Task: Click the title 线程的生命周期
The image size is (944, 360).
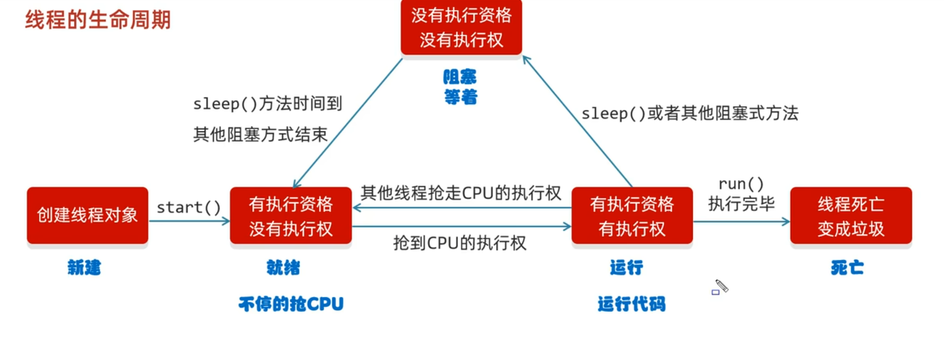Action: pos(98,20)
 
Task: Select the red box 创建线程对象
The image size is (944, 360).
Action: pos(87,215)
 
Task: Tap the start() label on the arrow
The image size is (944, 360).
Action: pos(189,208)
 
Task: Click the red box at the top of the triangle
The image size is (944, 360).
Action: pos(461,28)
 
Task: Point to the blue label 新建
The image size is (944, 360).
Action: pos(85,268)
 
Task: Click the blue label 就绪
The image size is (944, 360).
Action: pos(283,268)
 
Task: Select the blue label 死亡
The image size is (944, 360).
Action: pos(847,268)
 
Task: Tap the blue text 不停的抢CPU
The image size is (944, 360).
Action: pos(291,304)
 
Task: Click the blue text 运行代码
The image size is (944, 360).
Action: pos(632,304)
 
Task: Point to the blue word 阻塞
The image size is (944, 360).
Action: pos(460,77)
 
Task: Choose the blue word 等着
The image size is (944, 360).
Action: pos(461,97)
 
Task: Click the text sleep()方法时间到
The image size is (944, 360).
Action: pos(267,104)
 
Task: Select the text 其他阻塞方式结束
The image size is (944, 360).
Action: pos(260,135)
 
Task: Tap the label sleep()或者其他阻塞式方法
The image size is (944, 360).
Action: pos(689,114)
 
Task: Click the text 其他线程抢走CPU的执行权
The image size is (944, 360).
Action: pos(461,193)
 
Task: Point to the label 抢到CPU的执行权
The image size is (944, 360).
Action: pos(460,244)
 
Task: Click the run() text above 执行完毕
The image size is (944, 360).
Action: pos(741,184)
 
